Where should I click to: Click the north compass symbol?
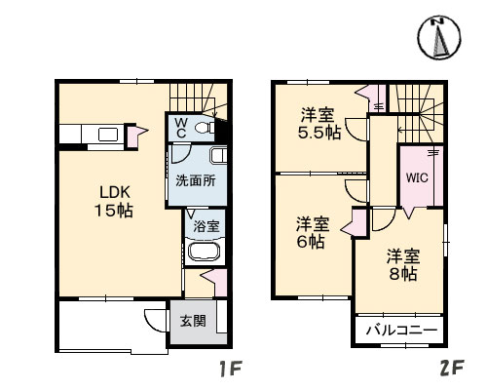(438, 38)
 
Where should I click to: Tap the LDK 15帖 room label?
(113, 201)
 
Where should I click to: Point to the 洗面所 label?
(195, 180)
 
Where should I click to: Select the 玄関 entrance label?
(193, 320)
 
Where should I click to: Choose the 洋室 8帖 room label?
(402, 264)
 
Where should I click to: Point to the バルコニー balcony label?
(400, 331)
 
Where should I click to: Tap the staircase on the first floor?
(195, 97)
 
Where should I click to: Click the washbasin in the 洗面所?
(218, 156)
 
